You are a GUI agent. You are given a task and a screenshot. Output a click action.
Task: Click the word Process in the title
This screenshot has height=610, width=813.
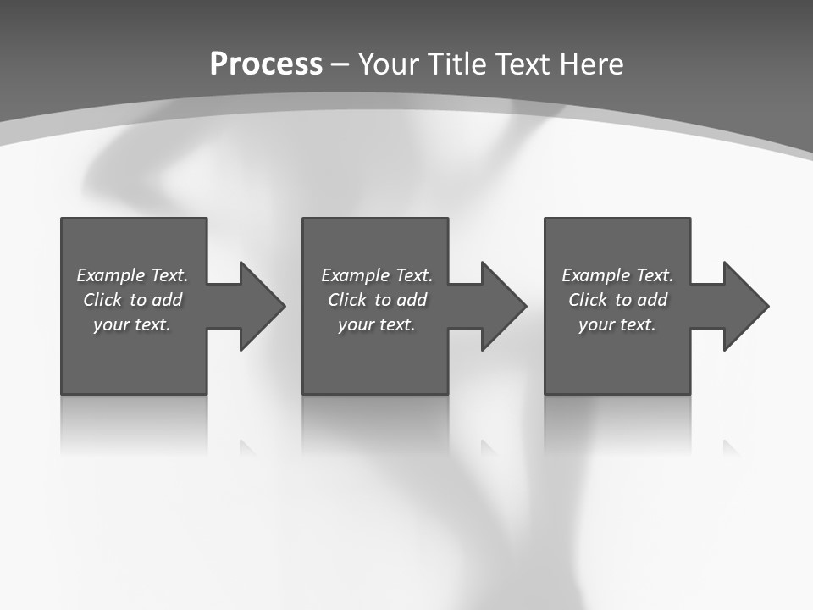coord(266,64)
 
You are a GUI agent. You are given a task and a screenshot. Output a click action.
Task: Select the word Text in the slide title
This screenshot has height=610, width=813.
coord(522,64)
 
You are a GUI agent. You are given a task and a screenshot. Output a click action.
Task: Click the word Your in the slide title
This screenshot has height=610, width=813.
coord(387,64)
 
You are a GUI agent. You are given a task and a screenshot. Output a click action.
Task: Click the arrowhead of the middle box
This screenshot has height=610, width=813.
coord(503,306)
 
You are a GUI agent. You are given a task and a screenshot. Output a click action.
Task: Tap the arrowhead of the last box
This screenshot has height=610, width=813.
coord(745,306)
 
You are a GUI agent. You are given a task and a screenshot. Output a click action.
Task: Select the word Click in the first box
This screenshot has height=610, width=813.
coord(103,300)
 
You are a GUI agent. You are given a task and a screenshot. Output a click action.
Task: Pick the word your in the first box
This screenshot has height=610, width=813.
coord(110,324)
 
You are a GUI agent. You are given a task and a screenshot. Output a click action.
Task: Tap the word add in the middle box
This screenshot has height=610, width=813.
coord(412,300)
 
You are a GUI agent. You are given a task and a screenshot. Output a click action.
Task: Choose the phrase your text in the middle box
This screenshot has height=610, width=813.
coord(376,324)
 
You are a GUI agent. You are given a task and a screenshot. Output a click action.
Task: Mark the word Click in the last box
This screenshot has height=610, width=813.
coord(589,300)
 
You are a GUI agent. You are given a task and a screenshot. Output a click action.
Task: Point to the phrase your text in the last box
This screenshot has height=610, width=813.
coord(617,324)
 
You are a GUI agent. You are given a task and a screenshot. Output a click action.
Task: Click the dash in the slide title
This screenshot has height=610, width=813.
coord(340,64)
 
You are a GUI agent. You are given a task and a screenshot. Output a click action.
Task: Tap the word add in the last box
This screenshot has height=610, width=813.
coord(652,300)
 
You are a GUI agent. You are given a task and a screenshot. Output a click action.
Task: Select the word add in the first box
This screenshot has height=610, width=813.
coord(167,300)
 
